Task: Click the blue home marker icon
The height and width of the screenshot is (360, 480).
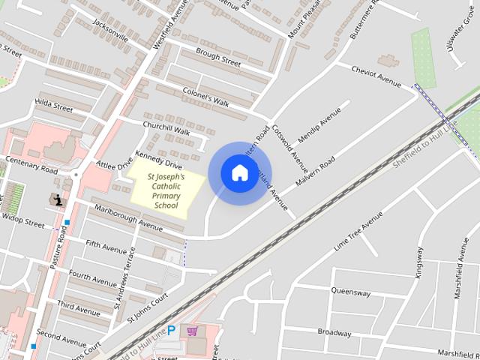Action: [239, 173]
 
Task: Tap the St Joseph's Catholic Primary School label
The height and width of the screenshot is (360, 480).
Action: [166, 190]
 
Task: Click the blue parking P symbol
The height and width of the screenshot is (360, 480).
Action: [172, 330]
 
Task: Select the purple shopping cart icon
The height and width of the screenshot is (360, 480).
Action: [193, 331]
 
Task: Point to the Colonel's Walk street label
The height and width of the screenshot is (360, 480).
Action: [205, 97]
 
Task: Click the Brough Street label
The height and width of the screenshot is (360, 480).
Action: [218, 58]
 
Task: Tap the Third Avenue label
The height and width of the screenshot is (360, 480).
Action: [78, 308]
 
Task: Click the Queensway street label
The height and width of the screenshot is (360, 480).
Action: [351, 292]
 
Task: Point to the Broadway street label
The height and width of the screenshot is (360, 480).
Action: [334, 332]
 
